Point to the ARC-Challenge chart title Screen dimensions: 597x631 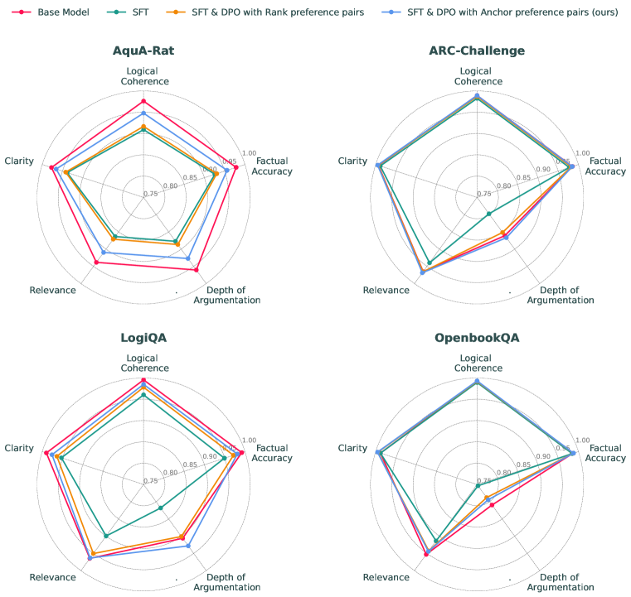[476, 51]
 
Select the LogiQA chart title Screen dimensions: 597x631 [143, 338]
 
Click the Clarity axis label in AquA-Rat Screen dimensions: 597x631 [19, 161]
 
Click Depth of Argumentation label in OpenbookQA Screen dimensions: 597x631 [560, 582]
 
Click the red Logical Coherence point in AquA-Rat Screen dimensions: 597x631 [143, 101]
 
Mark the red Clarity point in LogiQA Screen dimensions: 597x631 [46, 452]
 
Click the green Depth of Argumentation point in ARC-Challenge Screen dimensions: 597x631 [489, 214]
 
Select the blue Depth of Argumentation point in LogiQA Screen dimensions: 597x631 [188, 546]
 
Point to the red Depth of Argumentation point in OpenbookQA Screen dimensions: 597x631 [492, 504]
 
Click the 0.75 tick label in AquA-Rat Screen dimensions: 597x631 [151, 195]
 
